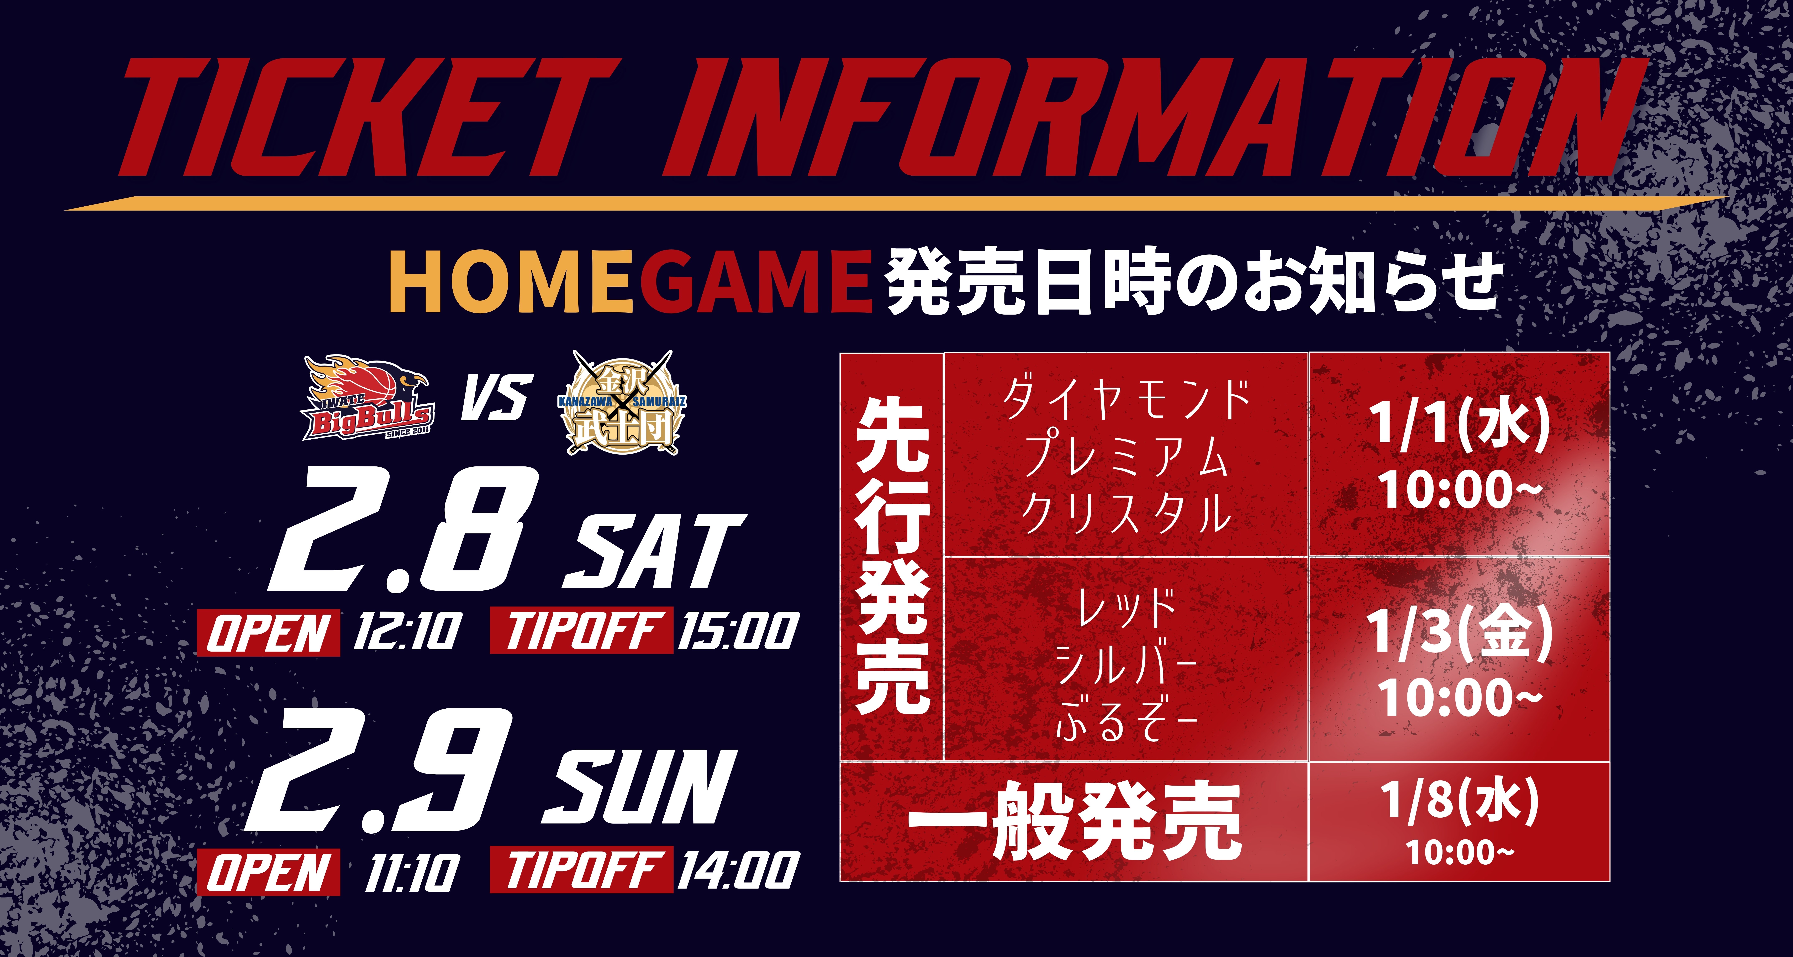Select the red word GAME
click(x=755, y=282)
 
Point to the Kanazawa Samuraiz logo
click(x=622, y=403)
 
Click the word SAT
click(x=654, y=554)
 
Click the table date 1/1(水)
click(x=1458, y=425)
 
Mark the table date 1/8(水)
click(x=1458, y=801)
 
